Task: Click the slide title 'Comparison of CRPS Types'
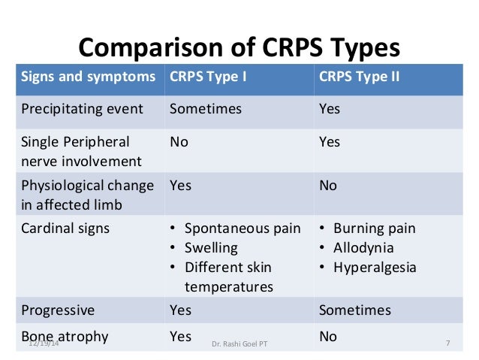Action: (x=239, y=48)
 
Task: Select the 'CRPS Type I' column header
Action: (x=207, y=77)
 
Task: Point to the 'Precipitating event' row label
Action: (x=82, y=109)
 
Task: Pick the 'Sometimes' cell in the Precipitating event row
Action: (x=206, y=109)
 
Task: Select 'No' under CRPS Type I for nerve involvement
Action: (x=179, y=142)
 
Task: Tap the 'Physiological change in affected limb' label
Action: (x=87, y=193)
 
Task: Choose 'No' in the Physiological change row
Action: (x=328, y=185)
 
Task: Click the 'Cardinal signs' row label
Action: (x=66, y=228)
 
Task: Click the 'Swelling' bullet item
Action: (x=211, y=248)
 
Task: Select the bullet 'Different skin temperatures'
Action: (x=228, y=277)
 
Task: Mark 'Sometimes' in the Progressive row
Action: (x=354, y=310)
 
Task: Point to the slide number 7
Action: (x=447, y=343)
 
